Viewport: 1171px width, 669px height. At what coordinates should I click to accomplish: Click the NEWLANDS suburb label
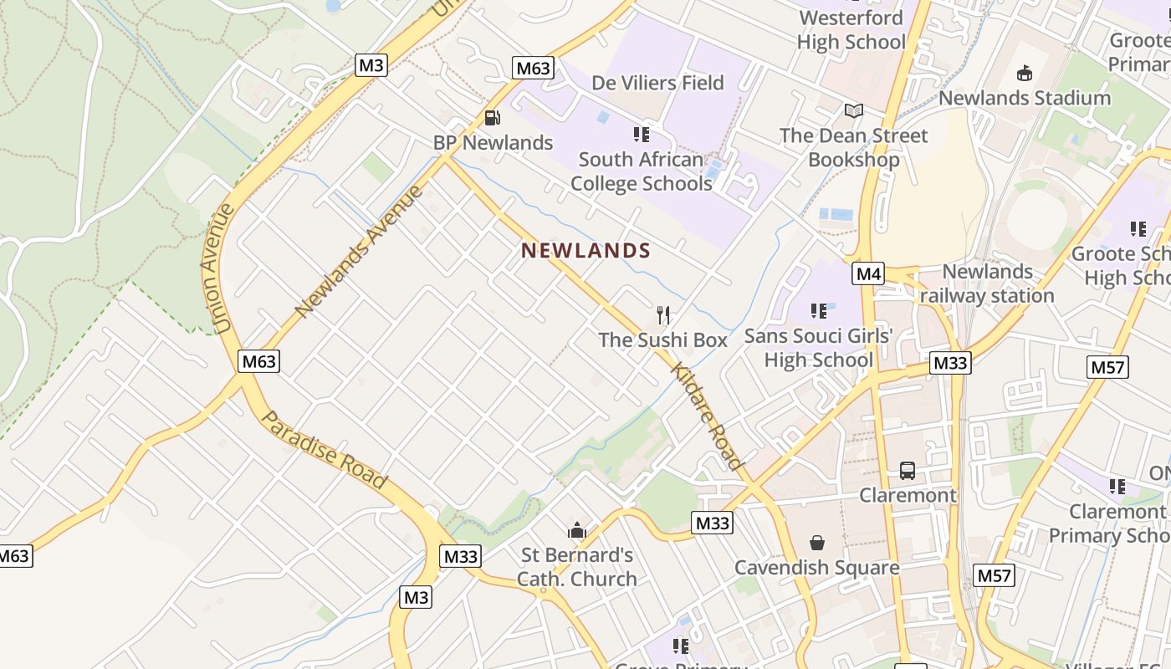(585, 250)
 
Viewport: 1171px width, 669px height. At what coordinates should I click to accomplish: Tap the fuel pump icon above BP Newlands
(492, 118)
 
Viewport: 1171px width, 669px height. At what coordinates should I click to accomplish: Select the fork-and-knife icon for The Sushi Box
(663, 315)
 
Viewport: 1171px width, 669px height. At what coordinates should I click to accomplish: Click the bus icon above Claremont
(908, 471)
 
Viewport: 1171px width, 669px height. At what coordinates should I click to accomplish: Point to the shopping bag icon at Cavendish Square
(817, 543)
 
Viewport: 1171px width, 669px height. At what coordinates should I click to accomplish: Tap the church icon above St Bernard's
(576, 530)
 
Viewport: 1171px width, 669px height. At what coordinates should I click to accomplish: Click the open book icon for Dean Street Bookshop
(853, 110)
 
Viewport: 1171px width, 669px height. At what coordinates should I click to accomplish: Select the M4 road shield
(869, 273)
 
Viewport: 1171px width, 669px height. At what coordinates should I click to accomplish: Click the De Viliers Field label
(657, 83)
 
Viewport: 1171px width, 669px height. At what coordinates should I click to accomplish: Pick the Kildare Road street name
(707, 417)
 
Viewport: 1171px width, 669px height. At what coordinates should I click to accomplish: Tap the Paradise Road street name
(325, 449)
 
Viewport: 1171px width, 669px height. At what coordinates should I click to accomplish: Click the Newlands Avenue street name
(360, 251)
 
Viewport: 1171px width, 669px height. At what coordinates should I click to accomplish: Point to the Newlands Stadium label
(1025, 98)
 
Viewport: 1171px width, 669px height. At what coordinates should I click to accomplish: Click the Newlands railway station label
(987, 283)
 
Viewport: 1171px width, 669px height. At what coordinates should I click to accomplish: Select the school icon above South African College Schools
(642, 135)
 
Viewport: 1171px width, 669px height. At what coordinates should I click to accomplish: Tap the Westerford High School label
(851, 29)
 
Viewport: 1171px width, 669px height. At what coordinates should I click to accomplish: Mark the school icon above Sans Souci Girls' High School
(819, 311)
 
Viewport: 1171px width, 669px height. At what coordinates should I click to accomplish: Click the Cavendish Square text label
(817, 567)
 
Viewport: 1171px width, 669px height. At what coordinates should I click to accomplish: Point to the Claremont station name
(908, 495)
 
